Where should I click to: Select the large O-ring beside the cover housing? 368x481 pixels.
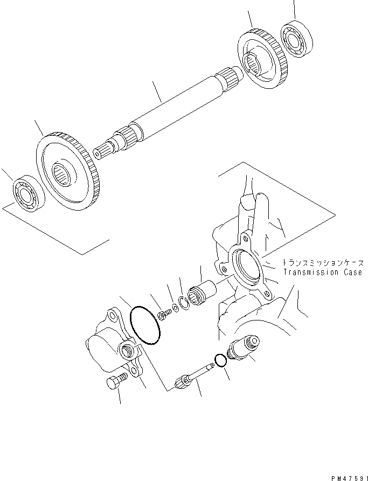[145, 325]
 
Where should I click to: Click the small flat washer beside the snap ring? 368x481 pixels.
[174, 310]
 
